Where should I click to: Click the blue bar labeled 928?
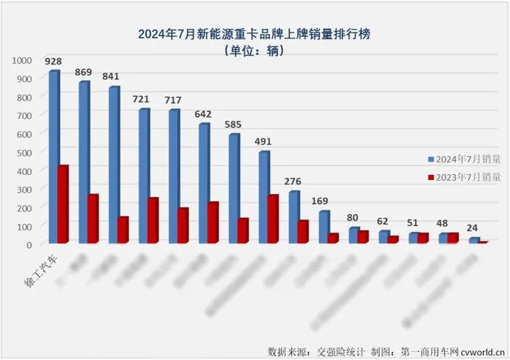pos(53,156)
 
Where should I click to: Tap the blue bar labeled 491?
pos(263,196)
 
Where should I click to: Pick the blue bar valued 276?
pos(294,216)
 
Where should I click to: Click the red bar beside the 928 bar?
pos(63,204)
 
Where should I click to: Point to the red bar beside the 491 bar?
pos(273,219)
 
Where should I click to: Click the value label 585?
pos(234,124)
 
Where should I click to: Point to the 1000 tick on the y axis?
pos(21,60)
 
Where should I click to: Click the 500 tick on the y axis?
pos(24,152)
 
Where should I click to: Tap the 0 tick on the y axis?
pos(29,244)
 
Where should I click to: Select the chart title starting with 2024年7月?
pos(254,33)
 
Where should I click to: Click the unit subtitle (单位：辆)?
pos(254,50)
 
